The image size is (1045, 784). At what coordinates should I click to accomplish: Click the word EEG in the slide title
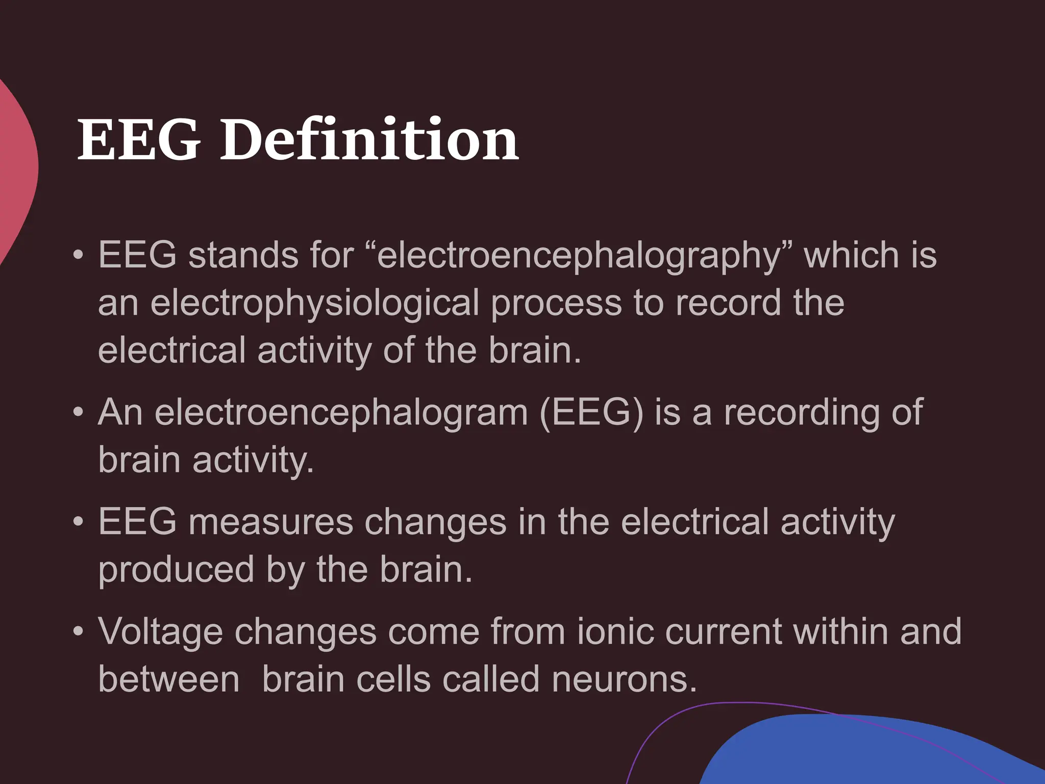coord(139,139)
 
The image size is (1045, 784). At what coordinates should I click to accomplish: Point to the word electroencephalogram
coord(341,412)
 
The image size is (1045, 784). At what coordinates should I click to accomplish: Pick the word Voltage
coord(161,632)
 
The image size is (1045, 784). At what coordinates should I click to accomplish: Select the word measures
coord(270,522)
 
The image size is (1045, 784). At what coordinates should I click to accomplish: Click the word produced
coord(176,570)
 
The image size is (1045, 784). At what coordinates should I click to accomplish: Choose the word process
coord(556,303)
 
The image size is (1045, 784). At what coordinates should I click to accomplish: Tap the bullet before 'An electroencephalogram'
coord(78,412)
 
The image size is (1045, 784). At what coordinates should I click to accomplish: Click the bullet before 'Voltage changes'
coord(78,632)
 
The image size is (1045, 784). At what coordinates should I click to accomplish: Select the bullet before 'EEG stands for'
coord(78,255)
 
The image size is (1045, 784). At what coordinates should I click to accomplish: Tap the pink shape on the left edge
coord(15,168)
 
